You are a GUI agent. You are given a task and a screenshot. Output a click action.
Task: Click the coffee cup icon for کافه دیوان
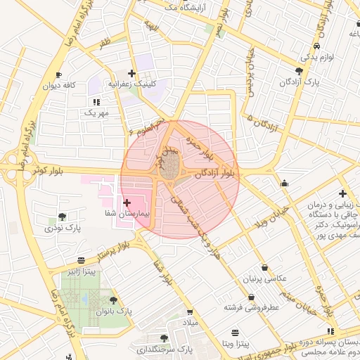pyautogui.click(x=59, y=75)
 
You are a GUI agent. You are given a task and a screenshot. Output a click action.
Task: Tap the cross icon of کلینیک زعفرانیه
pyautogui.click(x=131, y=72)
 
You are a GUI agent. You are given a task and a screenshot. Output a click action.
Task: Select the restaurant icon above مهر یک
pyautogui.click(x=96, y=102)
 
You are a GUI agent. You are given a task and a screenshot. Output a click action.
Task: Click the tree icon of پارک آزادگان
pyautogui.click(x=300, y=71)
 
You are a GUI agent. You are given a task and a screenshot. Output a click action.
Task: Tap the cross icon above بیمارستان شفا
pyautogui.click(x=127, y=202)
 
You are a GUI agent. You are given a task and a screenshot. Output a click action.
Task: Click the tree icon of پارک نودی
pyautogui.click(x=63, y=217)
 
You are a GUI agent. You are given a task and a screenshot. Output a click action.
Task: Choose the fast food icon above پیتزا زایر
pyautogui.click(x=82, y=260)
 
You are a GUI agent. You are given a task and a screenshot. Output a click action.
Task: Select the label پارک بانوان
pyautogui.click(x=114, y=311)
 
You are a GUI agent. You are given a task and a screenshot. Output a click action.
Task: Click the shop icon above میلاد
pyautogui.click(x=190, y=311)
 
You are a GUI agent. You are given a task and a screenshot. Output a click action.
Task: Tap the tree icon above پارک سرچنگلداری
pyautogui.click(x=165, y=338)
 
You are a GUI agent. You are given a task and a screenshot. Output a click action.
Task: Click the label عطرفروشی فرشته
pyautogui.click(x=252, y=307)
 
